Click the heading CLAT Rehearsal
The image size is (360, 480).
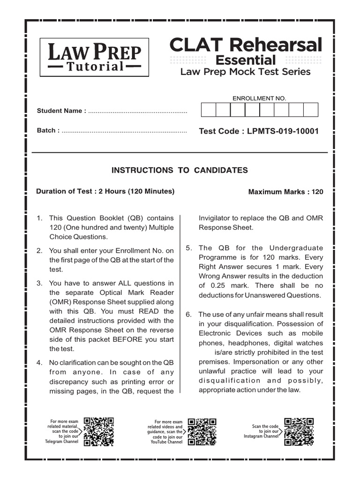tap(246, 45)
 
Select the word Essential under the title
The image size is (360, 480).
tap(245, 60)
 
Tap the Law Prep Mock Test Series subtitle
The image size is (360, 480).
tap(245, 72)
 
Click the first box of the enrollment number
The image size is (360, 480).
tap(209, 110)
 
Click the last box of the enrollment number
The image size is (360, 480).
tap(311, 110)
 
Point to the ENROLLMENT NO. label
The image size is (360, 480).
tap(259, 98)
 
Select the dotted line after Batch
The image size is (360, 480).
tap(124, 131)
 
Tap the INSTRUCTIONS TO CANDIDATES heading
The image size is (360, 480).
tap(180, 170)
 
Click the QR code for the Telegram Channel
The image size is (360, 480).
tap(99, 431)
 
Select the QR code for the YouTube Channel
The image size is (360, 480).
tap(202, 431)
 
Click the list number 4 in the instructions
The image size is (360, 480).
tap(40, 362)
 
